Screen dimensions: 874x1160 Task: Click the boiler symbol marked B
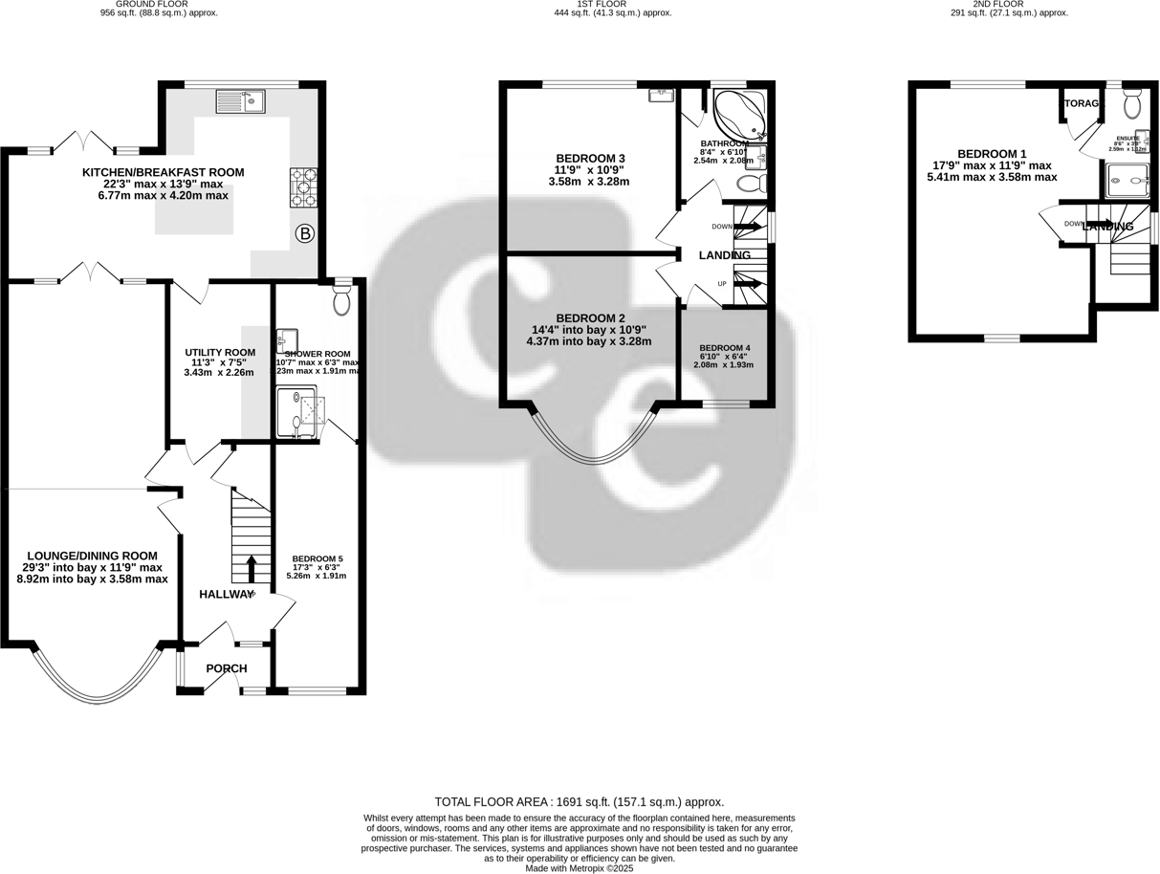point(305,233)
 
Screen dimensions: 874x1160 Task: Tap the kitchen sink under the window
point(241,99)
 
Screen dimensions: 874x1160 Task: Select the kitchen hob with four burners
point(303,187)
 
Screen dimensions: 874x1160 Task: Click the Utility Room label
point(220,353)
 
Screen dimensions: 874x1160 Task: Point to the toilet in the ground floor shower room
point(342,302)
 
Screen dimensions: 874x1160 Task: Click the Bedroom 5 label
point(317,558)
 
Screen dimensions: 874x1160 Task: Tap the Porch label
point(227,668)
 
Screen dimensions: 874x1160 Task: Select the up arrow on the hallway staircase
point(252,568)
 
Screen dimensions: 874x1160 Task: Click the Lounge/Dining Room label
point(92,556)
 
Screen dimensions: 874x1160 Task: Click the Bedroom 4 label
point(725,348)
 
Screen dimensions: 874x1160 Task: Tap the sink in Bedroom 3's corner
point(661,95)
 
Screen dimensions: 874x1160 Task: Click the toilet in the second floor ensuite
point(1132,102)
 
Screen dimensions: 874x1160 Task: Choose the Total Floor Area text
point(579,802)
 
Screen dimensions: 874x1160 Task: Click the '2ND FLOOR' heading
point(1009,4)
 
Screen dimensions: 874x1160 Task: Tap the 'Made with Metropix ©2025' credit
point(580,868)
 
